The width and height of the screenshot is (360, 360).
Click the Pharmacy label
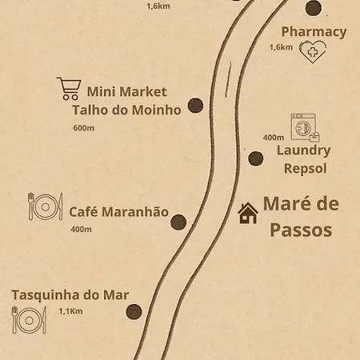[x=314, y=32]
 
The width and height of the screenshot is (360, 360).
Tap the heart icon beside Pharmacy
[x=312, y=51]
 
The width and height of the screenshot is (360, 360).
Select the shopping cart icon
[x=69, y=87]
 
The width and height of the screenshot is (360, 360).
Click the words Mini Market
[x=126, y=91]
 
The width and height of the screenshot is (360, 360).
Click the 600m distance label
[x=83, y=128]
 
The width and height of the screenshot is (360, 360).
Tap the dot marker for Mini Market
[x=194, y=105]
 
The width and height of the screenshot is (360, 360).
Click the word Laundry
[x=303, y=150]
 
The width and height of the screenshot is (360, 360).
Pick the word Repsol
[x=306, y=169]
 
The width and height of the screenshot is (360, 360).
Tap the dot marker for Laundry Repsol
[x=255, y=158]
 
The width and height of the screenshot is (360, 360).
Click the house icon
[x=248, y=212]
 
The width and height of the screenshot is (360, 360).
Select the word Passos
[x=300, y=230]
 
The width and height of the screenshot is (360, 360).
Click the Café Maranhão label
[x=118, y=212]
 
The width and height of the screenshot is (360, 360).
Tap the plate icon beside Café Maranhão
[x=45, y=207]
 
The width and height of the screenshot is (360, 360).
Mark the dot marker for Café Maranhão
[x=178, y=222]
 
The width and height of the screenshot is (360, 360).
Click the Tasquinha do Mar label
[x=70, y=294]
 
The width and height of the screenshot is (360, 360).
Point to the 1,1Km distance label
[x=70, y=310]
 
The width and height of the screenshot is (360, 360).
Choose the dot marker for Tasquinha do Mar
[x=134, y=311]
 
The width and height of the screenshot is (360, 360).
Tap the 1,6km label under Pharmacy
[x=281, y=47]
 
